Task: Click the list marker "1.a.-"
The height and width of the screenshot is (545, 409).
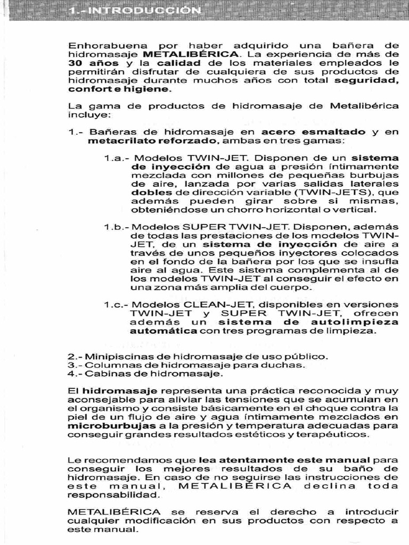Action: coord(117,158)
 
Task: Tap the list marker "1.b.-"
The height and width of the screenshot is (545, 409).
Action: coord(117,226)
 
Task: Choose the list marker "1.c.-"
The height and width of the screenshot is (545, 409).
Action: coord(117,304)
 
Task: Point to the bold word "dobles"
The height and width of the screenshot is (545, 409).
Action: coord(151,192)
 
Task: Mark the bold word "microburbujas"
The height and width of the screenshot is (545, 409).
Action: coord(107,425)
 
